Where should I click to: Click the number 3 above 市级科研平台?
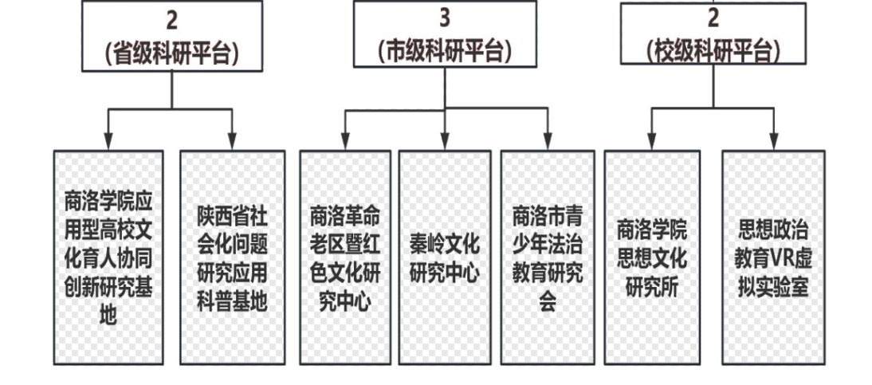click(x=444, y=18)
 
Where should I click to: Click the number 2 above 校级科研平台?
click(x=713, y=18)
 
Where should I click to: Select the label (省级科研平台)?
click(x=172, y=53)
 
